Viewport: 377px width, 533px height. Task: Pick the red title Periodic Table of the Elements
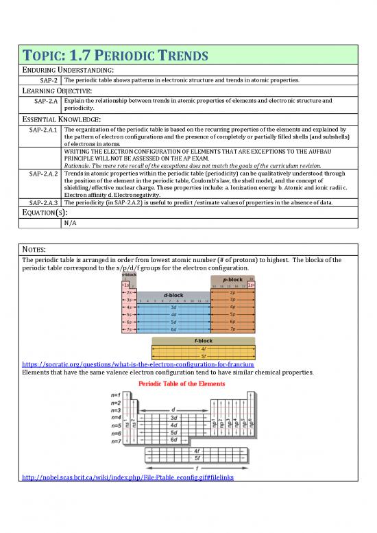click(187, 383)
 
